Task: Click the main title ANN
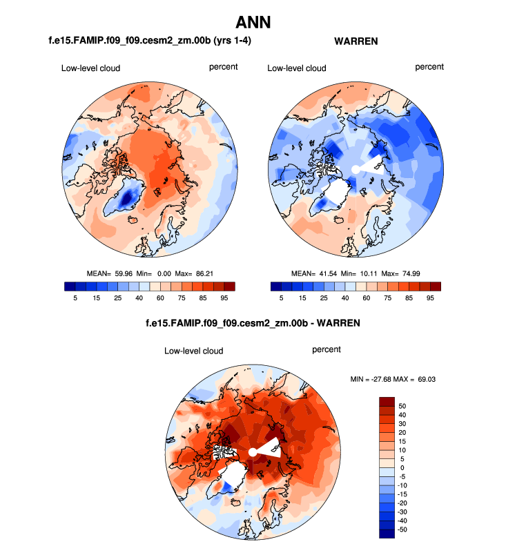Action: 253,22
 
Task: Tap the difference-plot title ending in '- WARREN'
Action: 253,322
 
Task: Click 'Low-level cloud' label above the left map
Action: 90,68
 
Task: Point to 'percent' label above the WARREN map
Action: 429,67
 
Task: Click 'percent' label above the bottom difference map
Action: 327,349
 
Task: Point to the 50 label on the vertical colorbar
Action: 402,405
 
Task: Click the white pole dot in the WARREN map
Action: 355,169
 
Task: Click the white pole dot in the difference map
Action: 253,451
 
